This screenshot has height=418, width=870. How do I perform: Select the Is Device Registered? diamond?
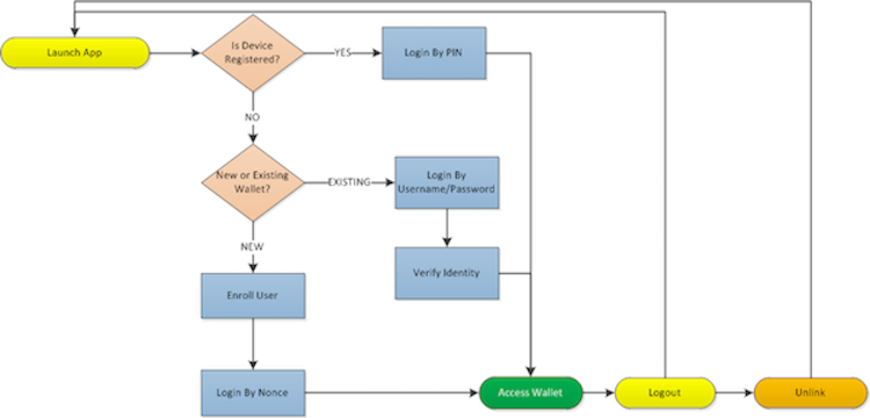tap(252, 53)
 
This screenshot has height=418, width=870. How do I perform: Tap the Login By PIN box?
tap(433, 53)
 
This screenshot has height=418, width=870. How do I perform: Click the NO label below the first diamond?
tap(252, 118)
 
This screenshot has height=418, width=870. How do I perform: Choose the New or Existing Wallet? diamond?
tap(252, 182)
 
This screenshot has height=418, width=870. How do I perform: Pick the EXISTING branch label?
tap(349, 182)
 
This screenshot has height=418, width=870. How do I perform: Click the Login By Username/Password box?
tap(447, 182)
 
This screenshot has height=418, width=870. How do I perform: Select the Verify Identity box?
tap(447, 273)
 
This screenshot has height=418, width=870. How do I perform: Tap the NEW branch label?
tap(252, 246)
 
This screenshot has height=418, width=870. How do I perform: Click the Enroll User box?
tap(252, 296)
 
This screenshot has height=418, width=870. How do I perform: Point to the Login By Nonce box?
tap(252, 393)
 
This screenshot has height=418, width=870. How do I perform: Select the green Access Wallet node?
tap(530, 393)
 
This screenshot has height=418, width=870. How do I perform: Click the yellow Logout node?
tap(665, 393)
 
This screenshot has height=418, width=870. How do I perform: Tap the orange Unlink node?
tap(810, 393)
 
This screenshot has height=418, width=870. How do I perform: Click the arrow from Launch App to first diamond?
tap(174, 53)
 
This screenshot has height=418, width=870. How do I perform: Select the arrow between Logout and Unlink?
tap(734, 393)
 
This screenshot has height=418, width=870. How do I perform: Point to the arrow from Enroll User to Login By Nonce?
tap(252, 344)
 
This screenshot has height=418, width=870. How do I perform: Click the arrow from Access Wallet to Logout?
tap(598, 393)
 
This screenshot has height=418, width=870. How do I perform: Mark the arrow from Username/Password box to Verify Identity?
tap(447, 228)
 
